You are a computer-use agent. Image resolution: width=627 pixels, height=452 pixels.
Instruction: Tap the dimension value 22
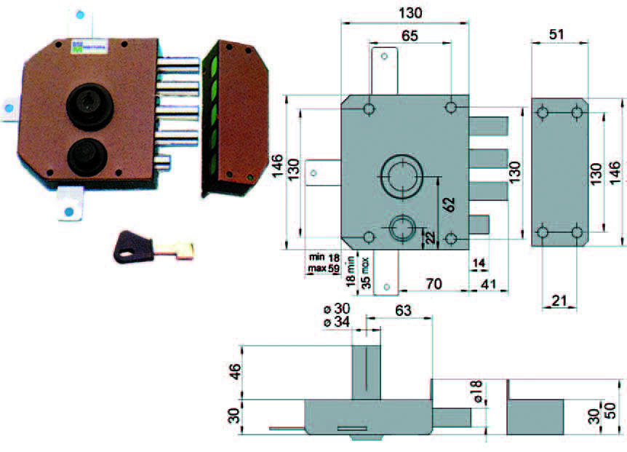point(430,237)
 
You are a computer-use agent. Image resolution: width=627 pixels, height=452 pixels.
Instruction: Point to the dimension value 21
point(559,301)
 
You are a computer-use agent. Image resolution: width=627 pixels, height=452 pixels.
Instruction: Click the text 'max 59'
point(324,269)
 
